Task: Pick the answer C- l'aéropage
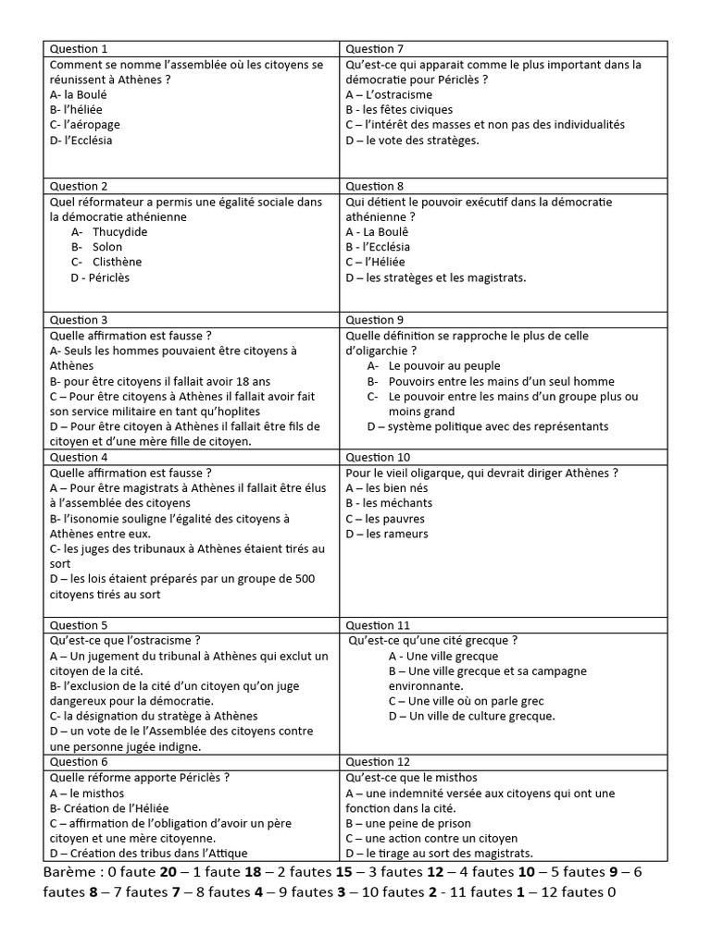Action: [x=85, y=125]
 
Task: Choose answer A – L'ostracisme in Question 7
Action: [x=389, y=94]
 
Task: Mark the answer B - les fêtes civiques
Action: [x=399, y=110]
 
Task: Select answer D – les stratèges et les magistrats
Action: [x=436, y=277]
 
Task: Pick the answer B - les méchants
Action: [x=389, y=503]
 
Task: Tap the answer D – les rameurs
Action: [x=387, y=534]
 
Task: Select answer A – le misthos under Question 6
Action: [x=86, y=793]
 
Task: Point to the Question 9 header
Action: [x=375, y=320]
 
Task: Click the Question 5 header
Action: [x=79, y=625]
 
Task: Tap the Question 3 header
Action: [x=79, y=320]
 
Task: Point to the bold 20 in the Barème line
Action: [x=168, y=873]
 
